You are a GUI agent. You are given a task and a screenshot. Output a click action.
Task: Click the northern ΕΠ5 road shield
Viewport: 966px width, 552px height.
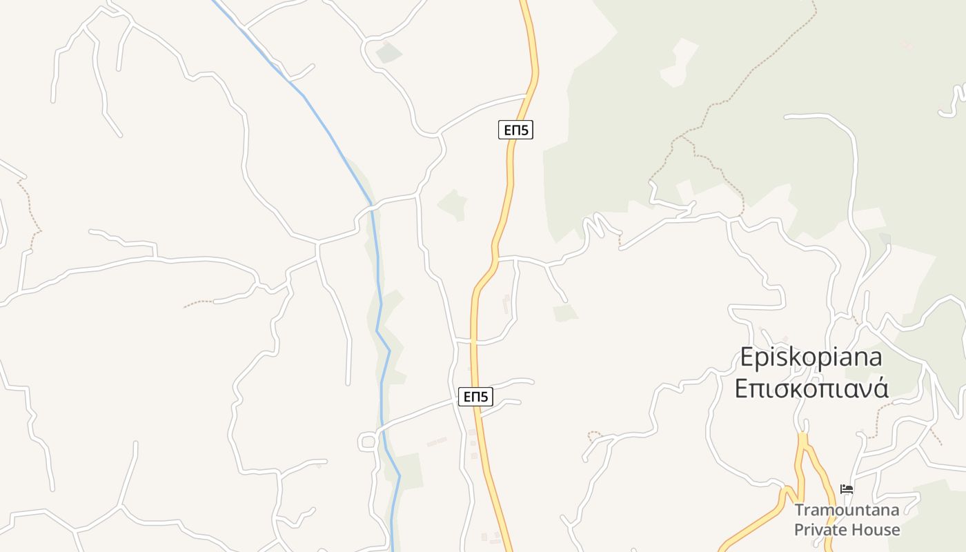tap(515, 130)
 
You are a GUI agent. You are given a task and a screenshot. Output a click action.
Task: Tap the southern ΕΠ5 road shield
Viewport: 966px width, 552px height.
tap(475, 397)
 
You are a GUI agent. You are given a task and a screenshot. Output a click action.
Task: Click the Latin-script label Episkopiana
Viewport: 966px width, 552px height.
tap(811, 357)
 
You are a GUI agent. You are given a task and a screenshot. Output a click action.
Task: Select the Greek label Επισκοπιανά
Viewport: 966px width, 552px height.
tap(811, 388)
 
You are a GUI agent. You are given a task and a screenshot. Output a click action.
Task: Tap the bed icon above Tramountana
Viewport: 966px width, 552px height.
tap(847, 489)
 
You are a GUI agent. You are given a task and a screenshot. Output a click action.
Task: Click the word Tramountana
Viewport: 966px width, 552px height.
tap(847, 511)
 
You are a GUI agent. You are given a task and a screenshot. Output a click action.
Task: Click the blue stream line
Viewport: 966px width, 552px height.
tap(377, 276)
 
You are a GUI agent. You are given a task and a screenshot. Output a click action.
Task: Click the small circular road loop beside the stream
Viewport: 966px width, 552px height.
tap(367, 442)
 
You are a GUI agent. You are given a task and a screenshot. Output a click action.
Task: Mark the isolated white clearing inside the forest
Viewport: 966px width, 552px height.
tap(679, 62)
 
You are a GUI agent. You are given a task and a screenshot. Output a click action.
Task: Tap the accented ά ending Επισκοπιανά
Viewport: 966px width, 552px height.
tap(880, 388)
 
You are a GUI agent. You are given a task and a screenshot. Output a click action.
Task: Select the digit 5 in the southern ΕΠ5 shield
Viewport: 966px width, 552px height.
tap(486, 397)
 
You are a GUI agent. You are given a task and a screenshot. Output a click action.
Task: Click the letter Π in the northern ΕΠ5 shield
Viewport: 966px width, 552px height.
tap(515, 130)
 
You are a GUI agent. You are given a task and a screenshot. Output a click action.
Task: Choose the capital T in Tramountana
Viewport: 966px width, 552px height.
tap(799, 511)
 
